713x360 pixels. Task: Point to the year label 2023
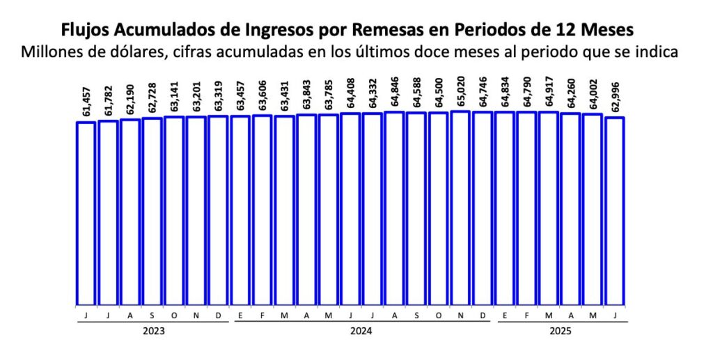(152, 331)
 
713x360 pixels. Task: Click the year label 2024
(361, 331)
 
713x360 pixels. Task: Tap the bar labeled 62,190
(130, 212)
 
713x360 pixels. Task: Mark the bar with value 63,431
(284, 210)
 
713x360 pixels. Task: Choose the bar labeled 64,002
(593, 209)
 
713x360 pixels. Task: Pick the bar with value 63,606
(263, 210)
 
